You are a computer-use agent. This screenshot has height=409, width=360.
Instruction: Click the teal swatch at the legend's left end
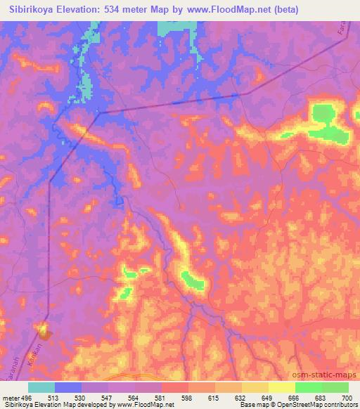point(41,387)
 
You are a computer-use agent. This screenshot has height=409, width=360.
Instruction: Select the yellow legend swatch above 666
point(282,387)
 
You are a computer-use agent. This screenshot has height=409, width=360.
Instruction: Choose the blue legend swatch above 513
point(68,387)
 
